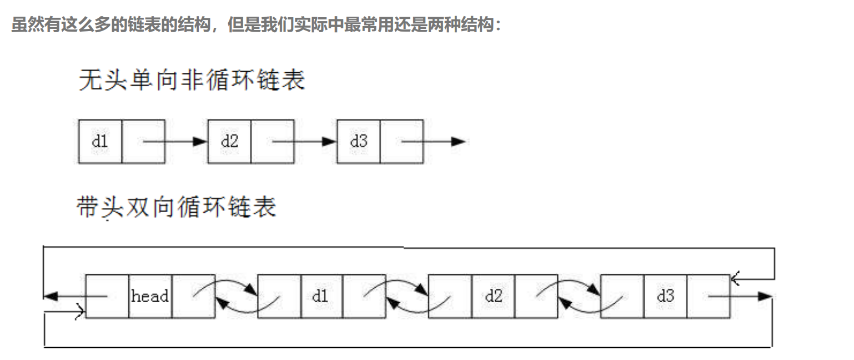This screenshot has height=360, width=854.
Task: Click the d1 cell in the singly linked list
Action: click(100, 141)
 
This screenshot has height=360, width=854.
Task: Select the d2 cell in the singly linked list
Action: click(229, 141)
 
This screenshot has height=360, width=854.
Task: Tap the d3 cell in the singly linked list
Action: click(359, 141)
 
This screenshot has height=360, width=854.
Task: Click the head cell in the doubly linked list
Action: click(150, 296)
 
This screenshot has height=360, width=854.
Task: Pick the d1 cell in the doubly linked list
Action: click(321, 296)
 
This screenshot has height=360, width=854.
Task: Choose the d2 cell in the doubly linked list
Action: click(493, 296)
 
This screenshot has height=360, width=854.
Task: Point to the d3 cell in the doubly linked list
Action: click(665, 296)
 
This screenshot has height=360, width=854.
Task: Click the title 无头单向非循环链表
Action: click(192, 81)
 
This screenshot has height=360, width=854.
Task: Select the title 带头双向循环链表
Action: click(177, 208)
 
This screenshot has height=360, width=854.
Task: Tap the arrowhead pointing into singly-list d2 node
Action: click(200, 141)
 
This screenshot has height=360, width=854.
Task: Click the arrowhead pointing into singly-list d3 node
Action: click(330, 141)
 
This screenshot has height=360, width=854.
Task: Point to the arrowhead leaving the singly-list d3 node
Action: click(458, 141)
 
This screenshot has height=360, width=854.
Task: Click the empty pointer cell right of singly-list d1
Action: click(143, 141)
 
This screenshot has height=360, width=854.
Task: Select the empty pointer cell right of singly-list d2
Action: click(272, 141)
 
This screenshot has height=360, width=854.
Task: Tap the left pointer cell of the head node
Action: click(107, 296)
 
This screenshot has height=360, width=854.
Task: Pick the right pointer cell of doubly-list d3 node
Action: click(708, 296)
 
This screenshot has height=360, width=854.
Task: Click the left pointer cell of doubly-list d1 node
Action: click(279, 296)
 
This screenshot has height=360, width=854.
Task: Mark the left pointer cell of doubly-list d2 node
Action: click(450, 296)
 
